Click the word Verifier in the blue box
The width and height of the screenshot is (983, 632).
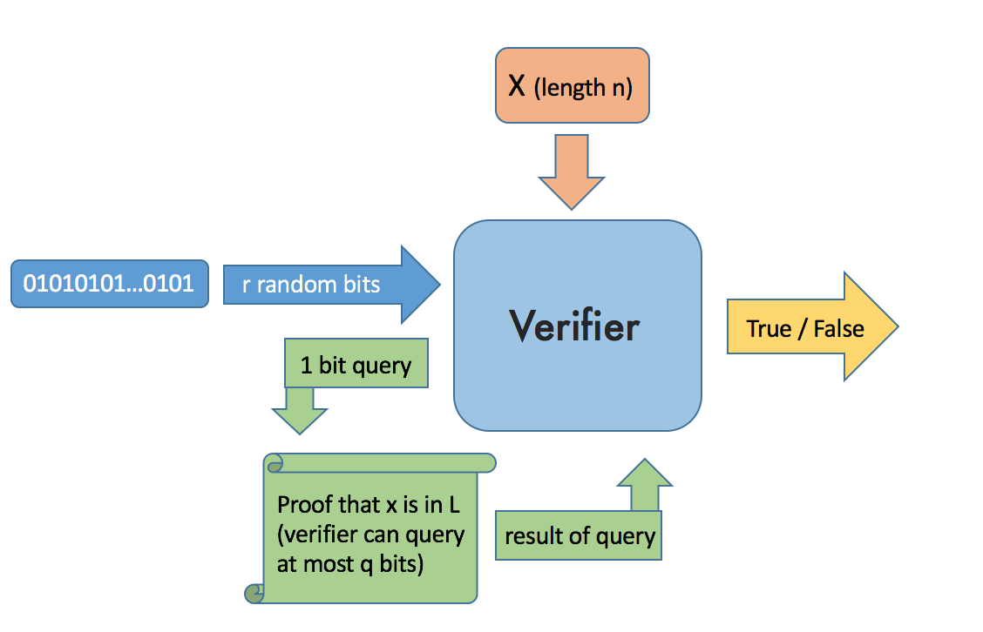coord(574,326)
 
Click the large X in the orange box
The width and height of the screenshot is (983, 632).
coord(517,86)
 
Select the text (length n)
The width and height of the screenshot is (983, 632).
coord(583,88)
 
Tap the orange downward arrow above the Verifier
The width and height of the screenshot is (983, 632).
coord(571,171)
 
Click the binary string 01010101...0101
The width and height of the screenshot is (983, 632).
coord(108,284)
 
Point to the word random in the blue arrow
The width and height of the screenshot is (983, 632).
coord(296,285)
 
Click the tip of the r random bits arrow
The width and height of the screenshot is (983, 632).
coord(440,285)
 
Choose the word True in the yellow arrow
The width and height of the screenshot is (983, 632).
coord(769,329)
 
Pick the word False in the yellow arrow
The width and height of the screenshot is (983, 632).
coord(839,329)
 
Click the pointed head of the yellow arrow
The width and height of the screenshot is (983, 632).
coord(897,326)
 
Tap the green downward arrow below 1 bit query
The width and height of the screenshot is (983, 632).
coord(300,411)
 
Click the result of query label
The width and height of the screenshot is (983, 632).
coord(580,536)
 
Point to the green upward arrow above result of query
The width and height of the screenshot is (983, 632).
coord(645,485)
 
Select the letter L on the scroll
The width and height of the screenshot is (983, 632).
coord(455,504)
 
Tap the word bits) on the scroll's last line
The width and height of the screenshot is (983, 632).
coord(401,564)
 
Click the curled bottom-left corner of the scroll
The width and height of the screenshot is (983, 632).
coord(254,593)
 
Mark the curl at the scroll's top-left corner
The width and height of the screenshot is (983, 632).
coord(274,463)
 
